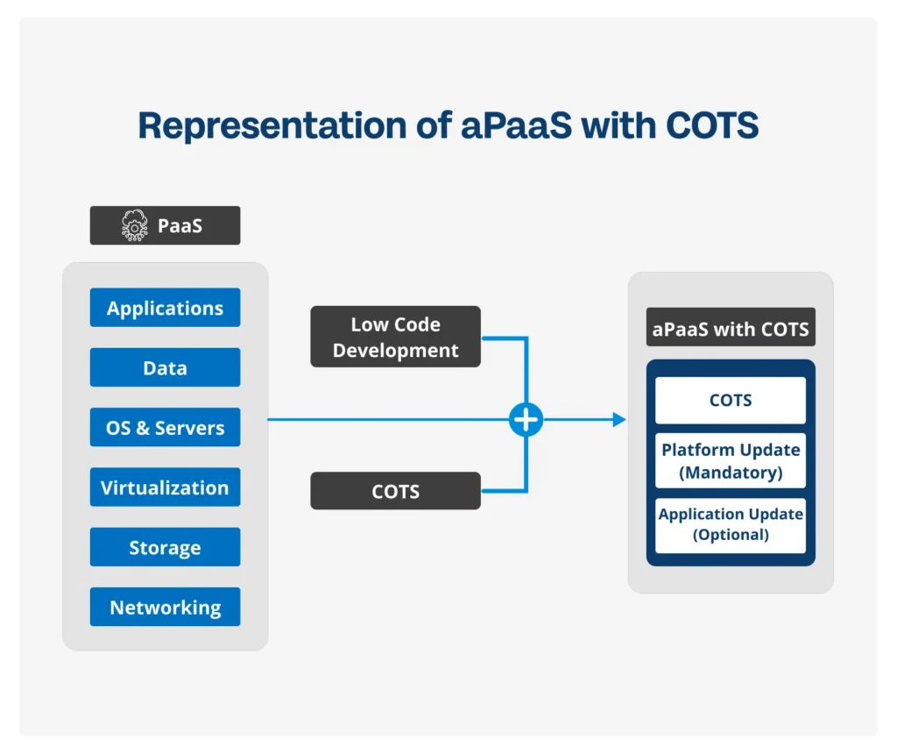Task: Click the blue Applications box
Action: tap(165, 308)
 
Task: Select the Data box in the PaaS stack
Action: tap(165, 367)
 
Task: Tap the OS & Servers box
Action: tap(165, 428)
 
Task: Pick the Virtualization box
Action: tap(165, 487)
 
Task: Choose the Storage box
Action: tap(165, 548)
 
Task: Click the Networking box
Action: tap(165, 607)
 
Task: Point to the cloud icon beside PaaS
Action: tap(135, 225)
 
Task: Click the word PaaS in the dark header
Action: tap(180, 225)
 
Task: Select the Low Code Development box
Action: tap(395, 337)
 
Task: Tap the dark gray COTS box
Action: tap(395, 491)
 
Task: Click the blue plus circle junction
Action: tap(526, 420)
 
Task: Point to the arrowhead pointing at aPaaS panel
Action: tap(619, 420)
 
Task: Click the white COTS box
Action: tap(731, 400)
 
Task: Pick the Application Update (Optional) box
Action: tap(731, 524)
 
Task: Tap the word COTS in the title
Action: tap(712, 126)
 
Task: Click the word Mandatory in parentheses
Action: tap(731, 473)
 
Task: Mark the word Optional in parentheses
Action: tap(731, 535)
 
